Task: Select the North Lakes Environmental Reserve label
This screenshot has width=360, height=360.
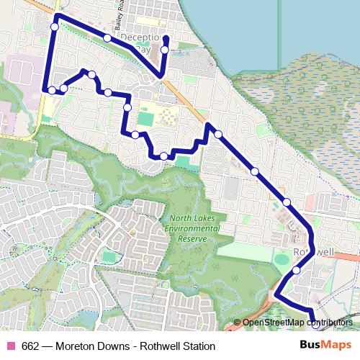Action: click(193, 228)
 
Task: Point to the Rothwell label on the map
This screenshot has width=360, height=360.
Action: click(314, 253)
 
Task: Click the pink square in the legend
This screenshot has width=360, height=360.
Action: click(10, 346)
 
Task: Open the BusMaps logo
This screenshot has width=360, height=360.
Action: click(325, 345)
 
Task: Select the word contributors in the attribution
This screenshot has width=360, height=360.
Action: click(330, 323)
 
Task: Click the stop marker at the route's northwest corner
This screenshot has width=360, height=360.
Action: click(55, 27)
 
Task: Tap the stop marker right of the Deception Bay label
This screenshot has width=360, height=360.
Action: click(164, 50)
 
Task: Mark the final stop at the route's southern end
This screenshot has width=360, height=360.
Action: click(313, 325)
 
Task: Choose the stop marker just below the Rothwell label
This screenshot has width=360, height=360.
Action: click(296, 271)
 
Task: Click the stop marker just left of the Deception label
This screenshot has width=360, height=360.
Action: click(107, 37)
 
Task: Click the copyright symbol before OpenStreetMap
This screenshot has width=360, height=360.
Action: click(237, 323)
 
